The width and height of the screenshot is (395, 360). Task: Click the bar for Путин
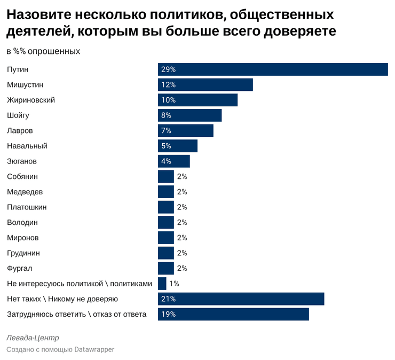[272, 69]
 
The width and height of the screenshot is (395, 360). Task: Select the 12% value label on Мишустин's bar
[169, 85]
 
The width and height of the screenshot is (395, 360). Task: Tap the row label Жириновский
[31, 100]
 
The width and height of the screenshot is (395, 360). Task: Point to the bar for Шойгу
[189, 115]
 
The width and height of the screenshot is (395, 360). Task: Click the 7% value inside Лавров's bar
[166, 131]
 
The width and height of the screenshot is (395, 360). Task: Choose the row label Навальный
[27, 146]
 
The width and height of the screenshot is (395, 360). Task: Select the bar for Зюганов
[173, 161]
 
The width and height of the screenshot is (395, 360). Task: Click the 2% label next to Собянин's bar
[182, 177]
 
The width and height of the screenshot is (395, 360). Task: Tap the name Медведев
[25, 192]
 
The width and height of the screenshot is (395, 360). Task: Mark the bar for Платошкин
[165, 207]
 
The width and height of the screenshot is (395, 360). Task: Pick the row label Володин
[22, 222]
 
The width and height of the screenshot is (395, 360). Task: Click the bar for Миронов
[165, 238]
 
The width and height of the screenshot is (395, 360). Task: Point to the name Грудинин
[23, 253]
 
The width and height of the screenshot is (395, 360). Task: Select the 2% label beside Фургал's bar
[182, 268]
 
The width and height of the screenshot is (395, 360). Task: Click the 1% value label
[174, 284]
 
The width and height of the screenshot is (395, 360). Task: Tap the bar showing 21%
[241, 299]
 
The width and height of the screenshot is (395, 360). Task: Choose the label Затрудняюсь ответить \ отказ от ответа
[76, 314]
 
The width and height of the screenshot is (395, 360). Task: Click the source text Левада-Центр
[33, 338]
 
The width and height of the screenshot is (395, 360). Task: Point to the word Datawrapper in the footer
[94, 349]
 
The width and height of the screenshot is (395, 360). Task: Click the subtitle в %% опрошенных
[43, 51]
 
